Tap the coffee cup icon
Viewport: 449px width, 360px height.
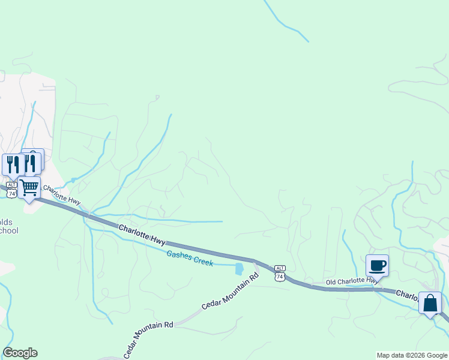[x=377, y=265]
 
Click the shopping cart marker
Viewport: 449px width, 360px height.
[x=29, y=188]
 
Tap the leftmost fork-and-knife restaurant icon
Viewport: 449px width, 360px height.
[x=12, y=164]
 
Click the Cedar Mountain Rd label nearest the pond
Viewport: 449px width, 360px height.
[x=230, y=291]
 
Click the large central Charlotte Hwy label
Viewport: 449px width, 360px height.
[x=142, y=234]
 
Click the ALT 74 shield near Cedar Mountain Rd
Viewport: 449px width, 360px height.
[x=279, y=272]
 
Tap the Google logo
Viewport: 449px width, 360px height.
[x=20, y=353]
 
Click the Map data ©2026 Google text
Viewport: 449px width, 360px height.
[x=412, y=355]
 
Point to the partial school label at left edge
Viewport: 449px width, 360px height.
[x=8, y=226]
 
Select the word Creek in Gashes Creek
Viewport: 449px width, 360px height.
[x=202, y=261]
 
